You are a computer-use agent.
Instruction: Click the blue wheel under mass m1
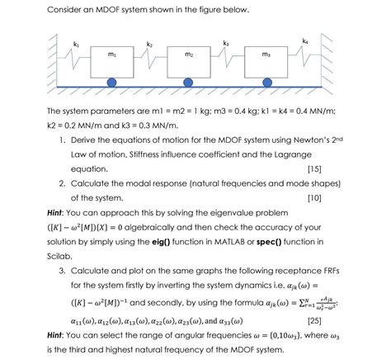point(112,83)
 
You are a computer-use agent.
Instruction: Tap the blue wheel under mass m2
point(189,83)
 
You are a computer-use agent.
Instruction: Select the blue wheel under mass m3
point(265,83)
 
